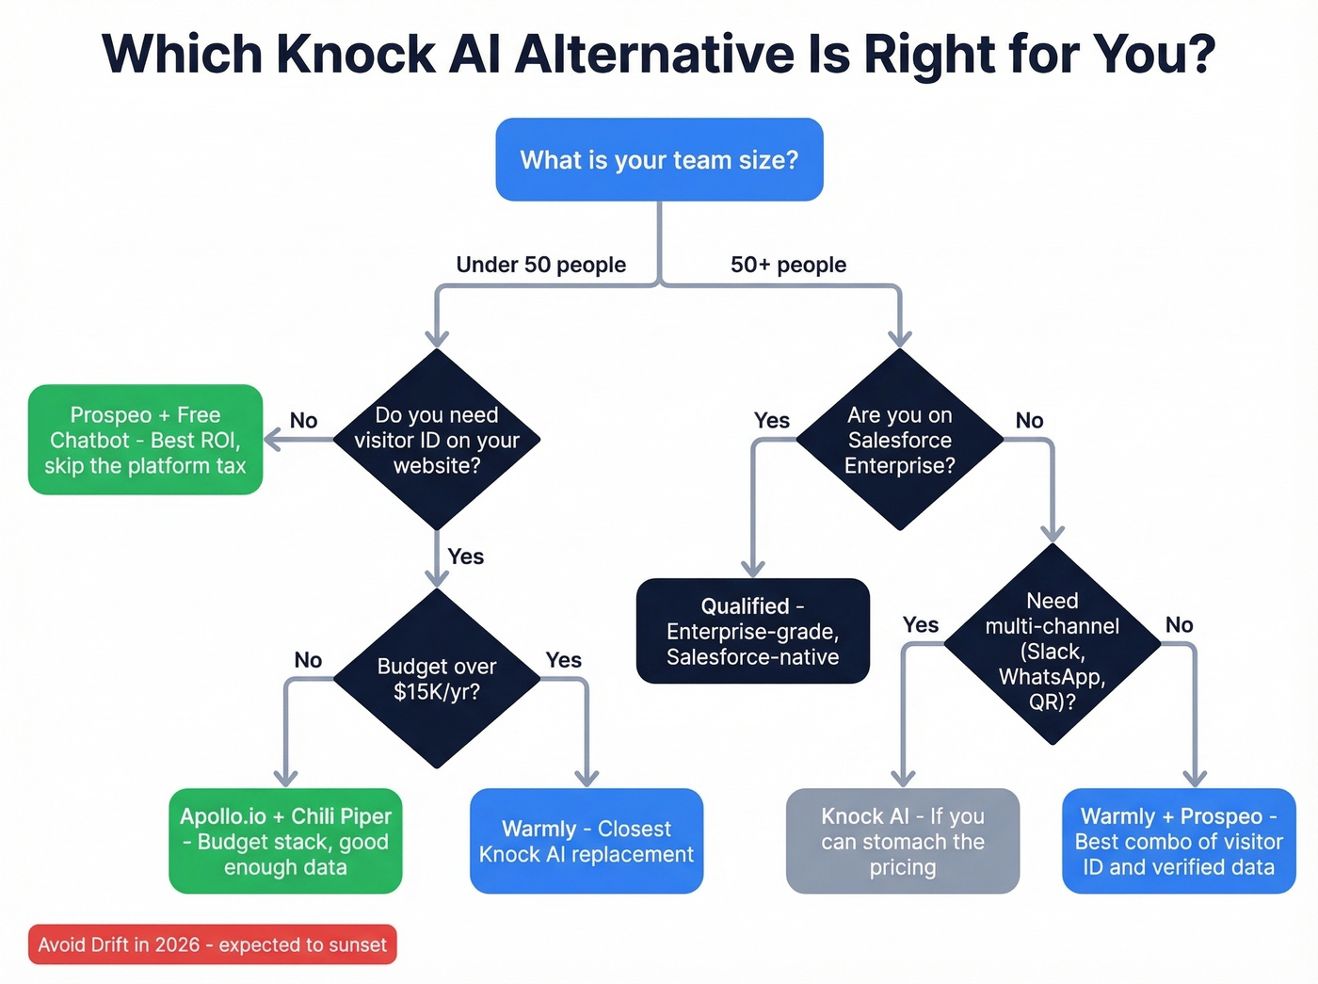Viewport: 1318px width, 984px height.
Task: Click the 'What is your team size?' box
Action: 659,159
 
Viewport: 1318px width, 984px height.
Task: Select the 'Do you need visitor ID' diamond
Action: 437,440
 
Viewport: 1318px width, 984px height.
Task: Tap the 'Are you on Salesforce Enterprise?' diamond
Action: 899,440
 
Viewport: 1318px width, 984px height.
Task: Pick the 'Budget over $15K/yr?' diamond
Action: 437,679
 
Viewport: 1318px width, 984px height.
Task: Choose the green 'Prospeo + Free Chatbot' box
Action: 145,440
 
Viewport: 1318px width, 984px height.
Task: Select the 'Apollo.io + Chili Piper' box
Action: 285,841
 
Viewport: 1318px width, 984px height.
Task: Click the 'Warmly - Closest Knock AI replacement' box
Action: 587,841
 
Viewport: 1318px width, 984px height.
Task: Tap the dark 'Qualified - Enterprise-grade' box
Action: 752,631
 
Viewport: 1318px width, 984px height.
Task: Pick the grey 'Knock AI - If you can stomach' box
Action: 902,841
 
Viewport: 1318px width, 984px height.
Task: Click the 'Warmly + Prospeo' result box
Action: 1179,841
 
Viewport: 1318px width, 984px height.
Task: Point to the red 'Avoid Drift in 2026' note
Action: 212,944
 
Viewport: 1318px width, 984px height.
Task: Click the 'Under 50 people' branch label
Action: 540,265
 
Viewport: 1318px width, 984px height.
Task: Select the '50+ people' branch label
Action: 788,265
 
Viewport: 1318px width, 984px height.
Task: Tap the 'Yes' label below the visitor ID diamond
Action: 466,557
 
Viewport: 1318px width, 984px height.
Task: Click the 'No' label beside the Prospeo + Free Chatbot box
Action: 303,421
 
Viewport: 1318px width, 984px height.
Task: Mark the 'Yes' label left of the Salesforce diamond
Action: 771,421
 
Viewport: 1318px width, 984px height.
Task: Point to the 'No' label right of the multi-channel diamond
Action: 1179,625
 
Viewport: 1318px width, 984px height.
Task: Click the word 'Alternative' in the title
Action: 655,54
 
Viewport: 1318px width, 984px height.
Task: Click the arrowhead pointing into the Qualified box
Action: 752,568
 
